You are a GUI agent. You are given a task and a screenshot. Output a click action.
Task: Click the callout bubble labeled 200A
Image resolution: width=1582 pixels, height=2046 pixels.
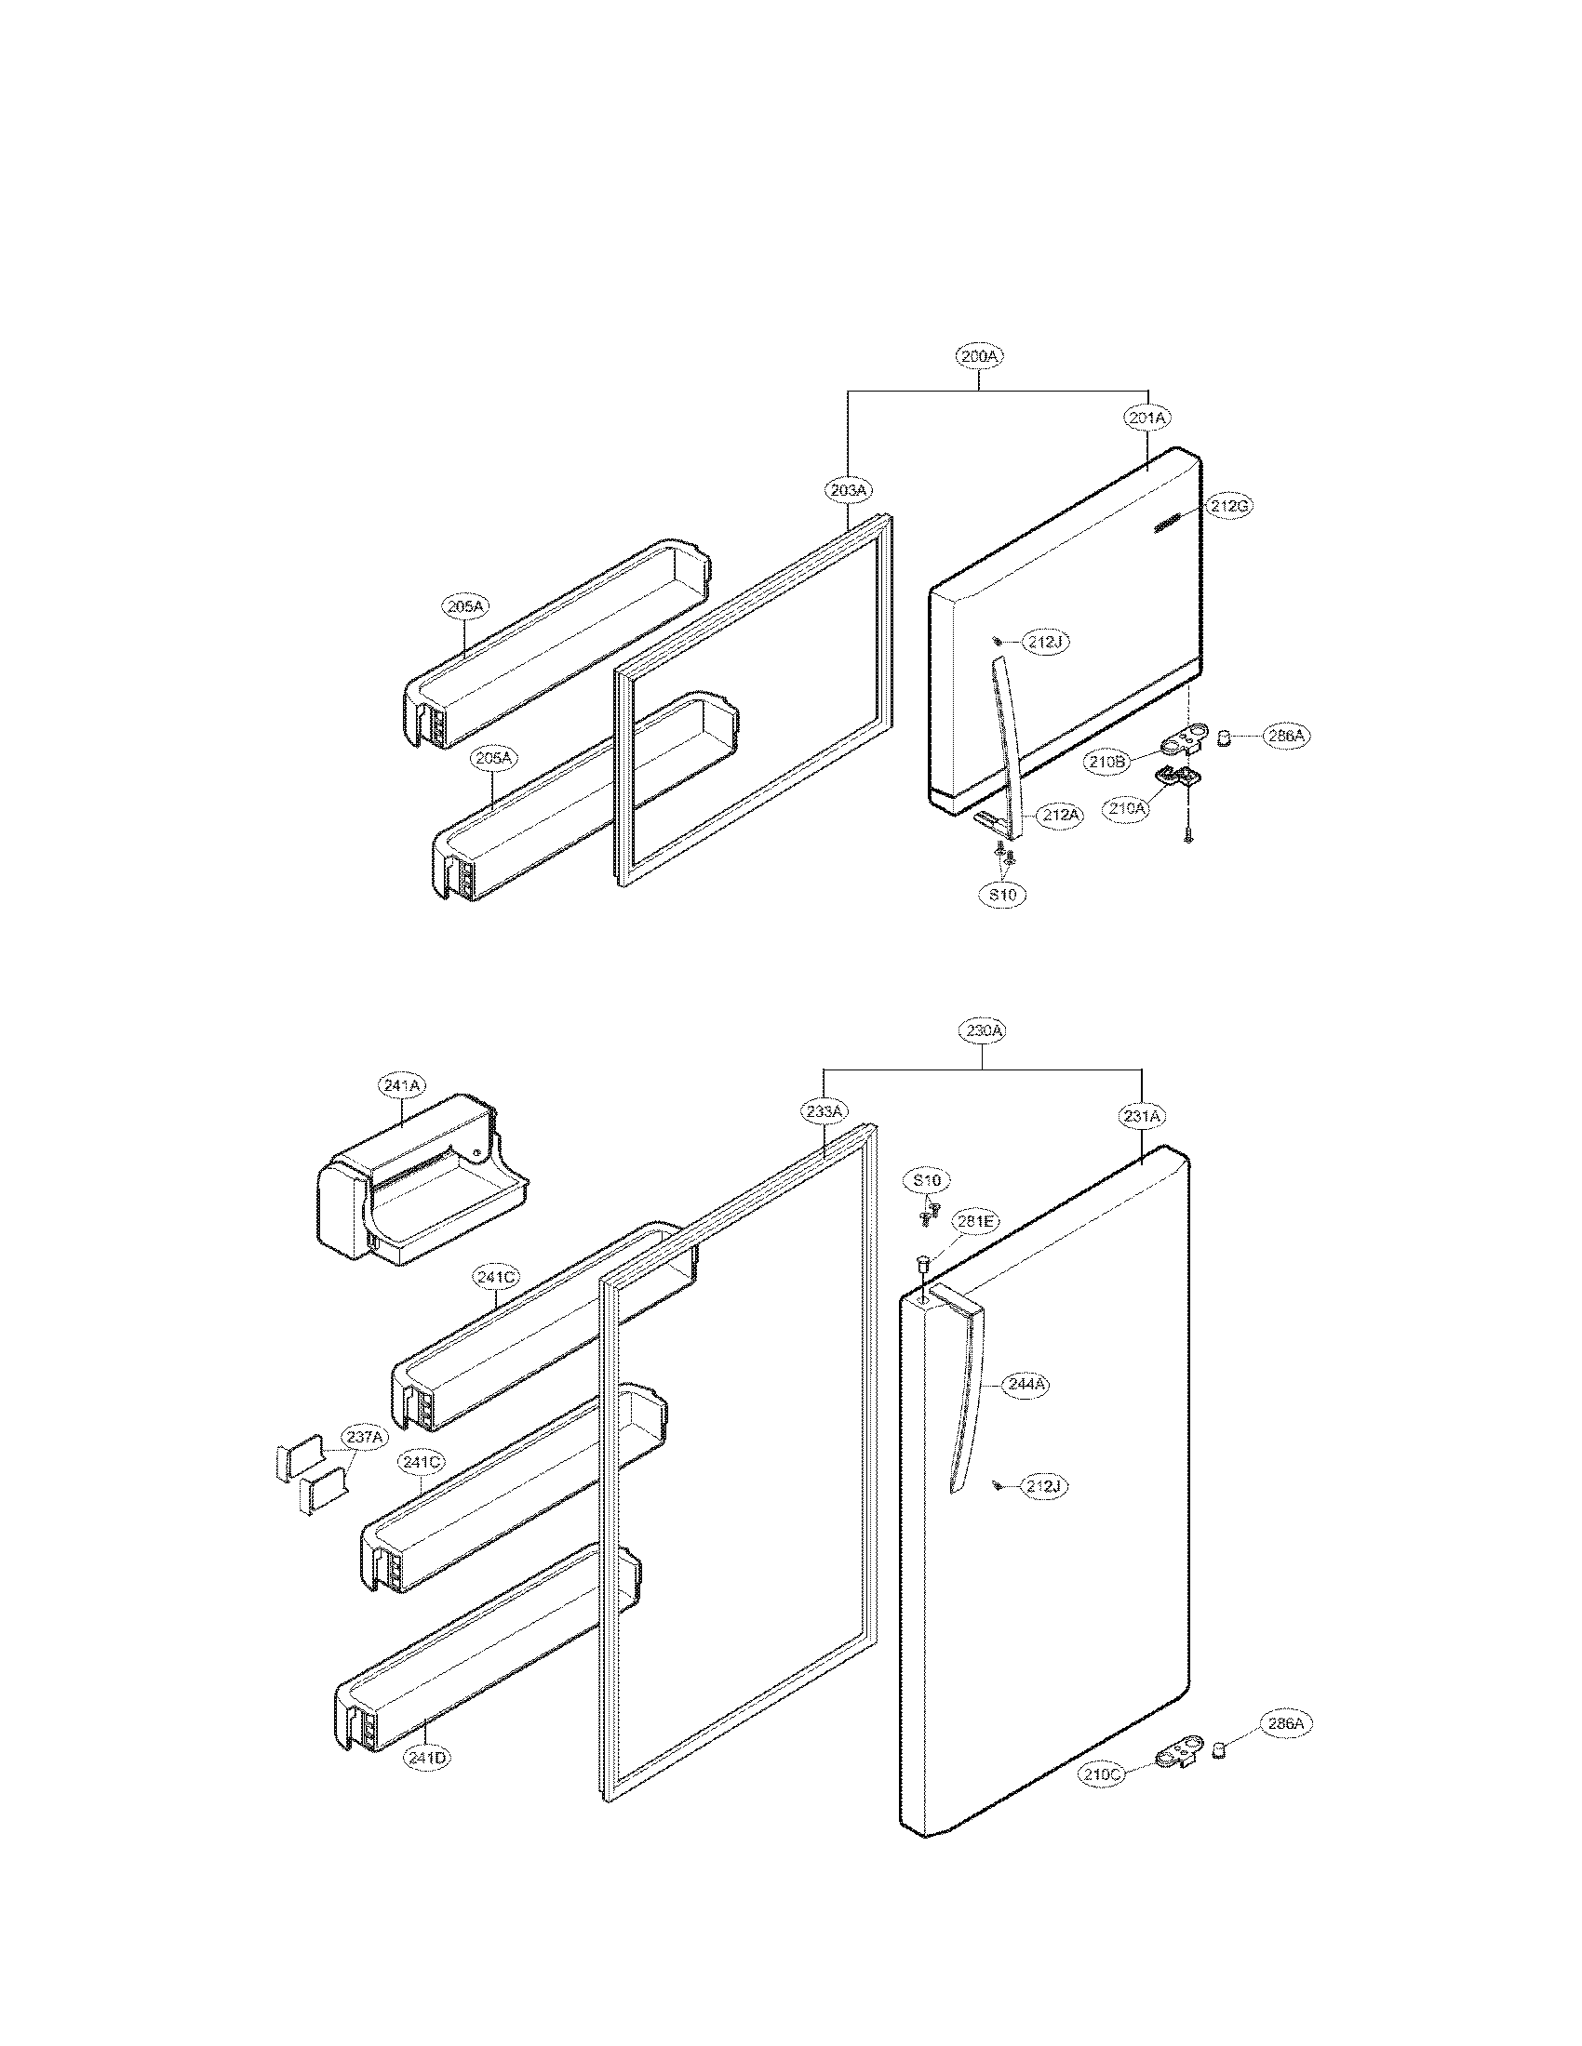[979, 356]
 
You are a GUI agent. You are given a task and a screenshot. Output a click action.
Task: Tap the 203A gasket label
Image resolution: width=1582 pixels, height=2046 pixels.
[848, 489]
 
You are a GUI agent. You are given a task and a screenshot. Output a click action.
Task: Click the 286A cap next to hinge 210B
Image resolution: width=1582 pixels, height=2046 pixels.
[1223, 738]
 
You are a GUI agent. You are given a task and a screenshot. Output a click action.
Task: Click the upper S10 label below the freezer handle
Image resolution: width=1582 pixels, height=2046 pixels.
[1003, 895]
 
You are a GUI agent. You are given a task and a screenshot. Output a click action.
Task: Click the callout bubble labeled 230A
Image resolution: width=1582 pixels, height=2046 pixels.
[982, 1030]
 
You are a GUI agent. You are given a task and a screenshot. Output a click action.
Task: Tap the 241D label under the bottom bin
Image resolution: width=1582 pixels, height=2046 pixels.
[426, 1759]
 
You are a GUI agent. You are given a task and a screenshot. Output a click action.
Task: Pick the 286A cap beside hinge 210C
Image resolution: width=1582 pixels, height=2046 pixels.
[1221, 1746]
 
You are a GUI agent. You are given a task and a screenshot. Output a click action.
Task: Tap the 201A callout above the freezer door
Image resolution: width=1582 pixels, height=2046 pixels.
[1146, 418]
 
